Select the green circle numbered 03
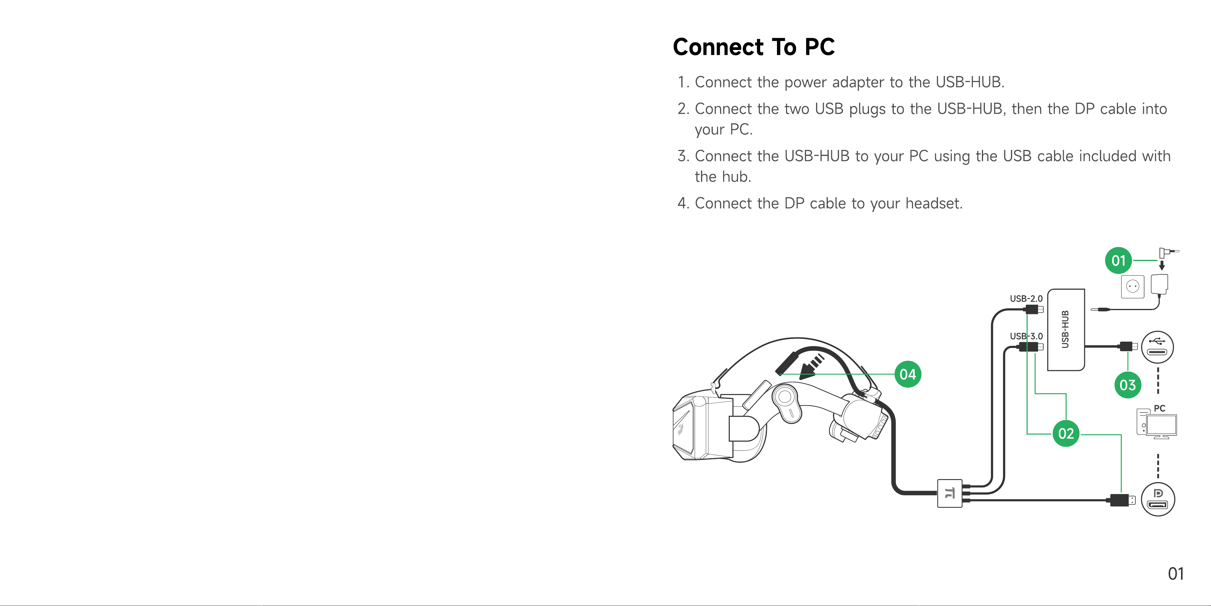click(1127, 385)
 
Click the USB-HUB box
click(1066, 329)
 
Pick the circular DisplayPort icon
click(1157, 499)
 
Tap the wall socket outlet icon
click(1133, 286)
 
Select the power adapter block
click(1159, 284)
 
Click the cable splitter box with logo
click(949, 493)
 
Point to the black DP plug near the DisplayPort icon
click(1120, 500)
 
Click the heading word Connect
click(718, 47)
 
